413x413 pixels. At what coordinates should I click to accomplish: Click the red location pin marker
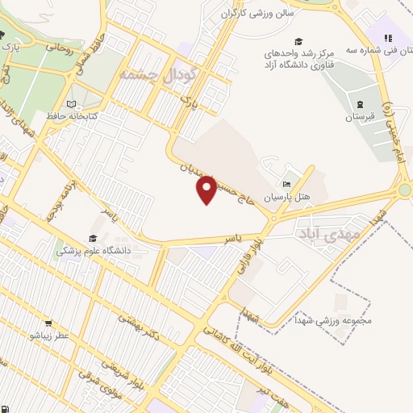[x=208, y=190]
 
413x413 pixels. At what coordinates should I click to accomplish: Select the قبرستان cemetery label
[x=361, y=117]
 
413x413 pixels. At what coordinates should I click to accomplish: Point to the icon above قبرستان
[x=361, y=105]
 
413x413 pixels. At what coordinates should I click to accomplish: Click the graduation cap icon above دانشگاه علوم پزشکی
[x=94, y=239]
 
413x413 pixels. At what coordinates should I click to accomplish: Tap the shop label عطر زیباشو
[x=50, y=335]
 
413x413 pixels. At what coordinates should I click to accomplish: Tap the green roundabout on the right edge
[x=405, y=190]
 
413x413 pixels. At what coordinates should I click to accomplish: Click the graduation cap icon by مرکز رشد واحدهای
[x=298, y=41]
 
